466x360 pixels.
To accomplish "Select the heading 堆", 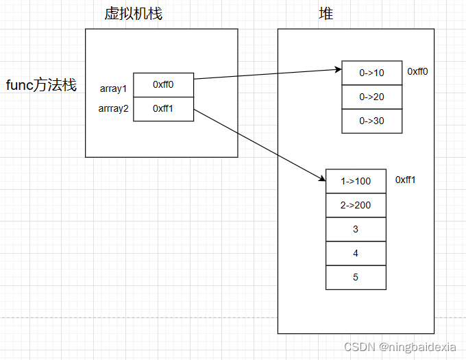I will coord(326,13).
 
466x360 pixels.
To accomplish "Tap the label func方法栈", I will coord(41,86).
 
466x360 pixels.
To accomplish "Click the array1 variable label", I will coord(113,88).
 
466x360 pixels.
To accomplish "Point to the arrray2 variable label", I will coord(114,108).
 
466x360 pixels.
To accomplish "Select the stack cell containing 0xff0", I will coord(163,85).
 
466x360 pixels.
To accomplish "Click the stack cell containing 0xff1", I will coord(163,109).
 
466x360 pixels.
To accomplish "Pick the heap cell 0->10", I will coord(371,73).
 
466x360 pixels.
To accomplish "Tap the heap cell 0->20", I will coord(371,97).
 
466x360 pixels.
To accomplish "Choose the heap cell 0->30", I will coord(371,121).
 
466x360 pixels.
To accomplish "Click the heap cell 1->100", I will coord(356,181).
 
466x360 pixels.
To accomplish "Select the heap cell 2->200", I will coord(356,205).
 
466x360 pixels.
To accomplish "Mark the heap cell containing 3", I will coord(356,229).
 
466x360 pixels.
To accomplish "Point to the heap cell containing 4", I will coord(356,253).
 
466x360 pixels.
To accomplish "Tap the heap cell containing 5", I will coord(356,277).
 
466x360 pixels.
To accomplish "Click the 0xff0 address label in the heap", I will coord(417,71).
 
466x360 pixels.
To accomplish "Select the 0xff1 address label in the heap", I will coord(406,180).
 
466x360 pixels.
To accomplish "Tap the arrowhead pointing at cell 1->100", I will coord(321,178).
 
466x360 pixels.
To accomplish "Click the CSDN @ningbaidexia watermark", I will coord(400,348).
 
